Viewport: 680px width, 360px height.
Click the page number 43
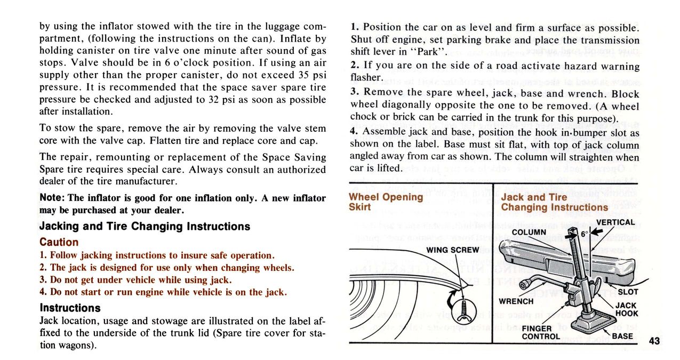(655, 342)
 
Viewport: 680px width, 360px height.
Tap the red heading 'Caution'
(59, 242)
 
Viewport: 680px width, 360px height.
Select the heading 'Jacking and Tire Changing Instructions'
(145, 227)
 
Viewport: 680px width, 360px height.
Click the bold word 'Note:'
(52, 198)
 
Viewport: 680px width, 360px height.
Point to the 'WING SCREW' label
(452, 250)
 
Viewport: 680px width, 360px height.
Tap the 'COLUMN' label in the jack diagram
(529, 232)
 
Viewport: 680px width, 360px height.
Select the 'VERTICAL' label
(615, 222)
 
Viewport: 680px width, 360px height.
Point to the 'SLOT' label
(627, 292)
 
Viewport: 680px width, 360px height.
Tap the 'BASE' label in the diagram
(622, 336)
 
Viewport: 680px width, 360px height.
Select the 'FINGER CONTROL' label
(541, 332)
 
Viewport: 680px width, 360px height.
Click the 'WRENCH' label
(516, 301)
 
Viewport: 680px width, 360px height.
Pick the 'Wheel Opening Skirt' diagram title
(386, 202)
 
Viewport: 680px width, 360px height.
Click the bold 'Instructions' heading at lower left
(70, 308)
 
